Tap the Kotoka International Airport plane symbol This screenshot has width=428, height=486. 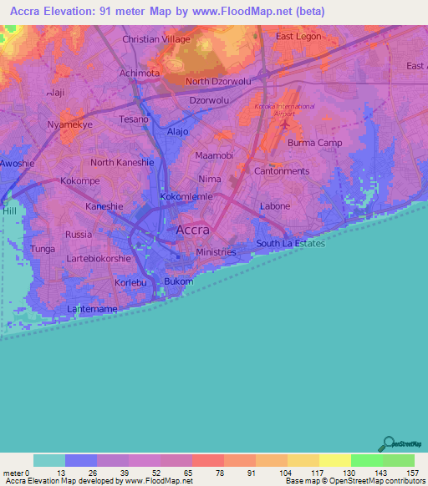tap(288, 124)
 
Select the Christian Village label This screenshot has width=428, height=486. tap(156, 39)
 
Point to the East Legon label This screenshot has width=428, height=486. tap(299, 37)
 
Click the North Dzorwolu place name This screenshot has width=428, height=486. tap(219, 82)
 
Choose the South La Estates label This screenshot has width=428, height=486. tap(290, 244)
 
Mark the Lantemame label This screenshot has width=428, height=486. tap(94, 309)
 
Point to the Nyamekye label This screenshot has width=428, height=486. tap(69, 124)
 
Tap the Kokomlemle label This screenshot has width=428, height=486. tap(187, 197)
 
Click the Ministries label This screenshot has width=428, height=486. tap(216, 252)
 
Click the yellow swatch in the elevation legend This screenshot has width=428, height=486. tap(334, 460)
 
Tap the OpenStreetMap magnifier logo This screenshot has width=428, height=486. tap(386, 442)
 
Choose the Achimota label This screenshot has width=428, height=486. tap(140, 73)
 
